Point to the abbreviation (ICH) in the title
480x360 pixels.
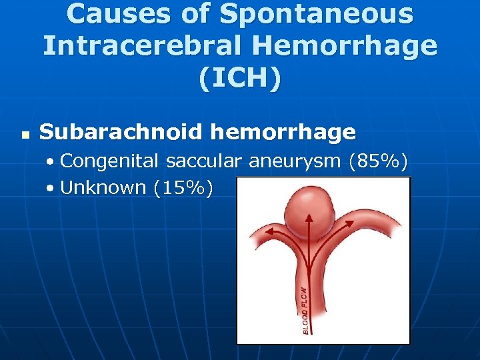tap(239, 78)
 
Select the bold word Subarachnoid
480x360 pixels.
tap(120, 132)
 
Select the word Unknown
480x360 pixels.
tap(103, 188)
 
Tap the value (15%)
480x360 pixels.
tap(183, 188)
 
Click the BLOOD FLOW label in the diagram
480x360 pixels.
tap(304, 309)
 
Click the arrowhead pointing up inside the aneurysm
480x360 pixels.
tap(309, 218)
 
